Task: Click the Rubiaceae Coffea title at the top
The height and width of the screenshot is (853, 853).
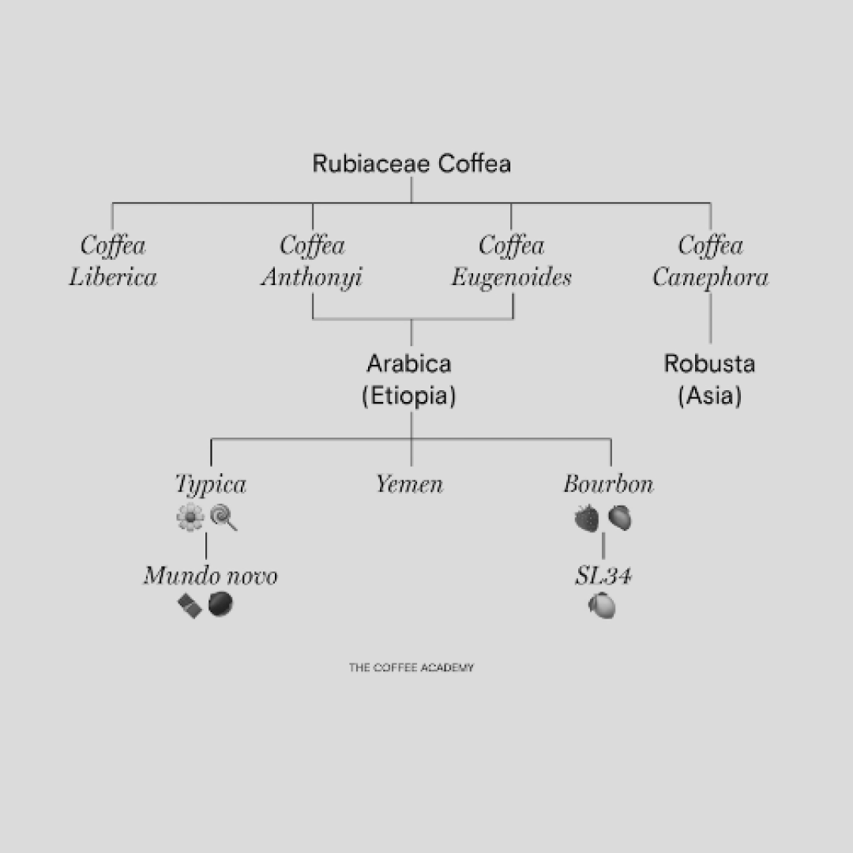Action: [x=411, y=164]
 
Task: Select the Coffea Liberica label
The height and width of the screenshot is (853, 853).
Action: [x=113, y=261]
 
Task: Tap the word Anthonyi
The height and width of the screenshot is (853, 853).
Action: [x=312, y=278]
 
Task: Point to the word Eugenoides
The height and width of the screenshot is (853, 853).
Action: [x=511, y=278]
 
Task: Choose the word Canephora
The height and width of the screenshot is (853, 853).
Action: [x=710, y=278]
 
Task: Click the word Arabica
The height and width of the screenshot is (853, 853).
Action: [x=409, y=364]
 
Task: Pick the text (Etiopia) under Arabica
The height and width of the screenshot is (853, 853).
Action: [x=409, y=396]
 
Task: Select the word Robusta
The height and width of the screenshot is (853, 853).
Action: [x=709, y=364]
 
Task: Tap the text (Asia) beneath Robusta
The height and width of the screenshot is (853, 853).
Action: [x=709, y=396]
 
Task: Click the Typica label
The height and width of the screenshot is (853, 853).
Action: [x=211, y=484]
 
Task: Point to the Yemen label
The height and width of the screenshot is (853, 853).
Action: [x=409, y=484]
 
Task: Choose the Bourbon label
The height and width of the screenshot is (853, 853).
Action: [x=608, y=484]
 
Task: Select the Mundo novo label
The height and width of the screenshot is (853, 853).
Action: [x=210, y=576]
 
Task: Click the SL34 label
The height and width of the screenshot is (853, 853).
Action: [x=603, y=576]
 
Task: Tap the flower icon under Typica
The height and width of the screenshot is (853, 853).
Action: [x=190, y=518]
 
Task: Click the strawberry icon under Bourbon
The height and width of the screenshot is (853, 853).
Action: [x=586, y=518]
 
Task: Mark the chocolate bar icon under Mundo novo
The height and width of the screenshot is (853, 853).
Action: [x=190, y=606]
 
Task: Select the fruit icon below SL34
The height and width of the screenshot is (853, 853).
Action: [x=602, y=606]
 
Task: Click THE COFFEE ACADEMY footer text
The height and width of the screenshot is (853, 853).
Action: [x=411, y=667]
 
